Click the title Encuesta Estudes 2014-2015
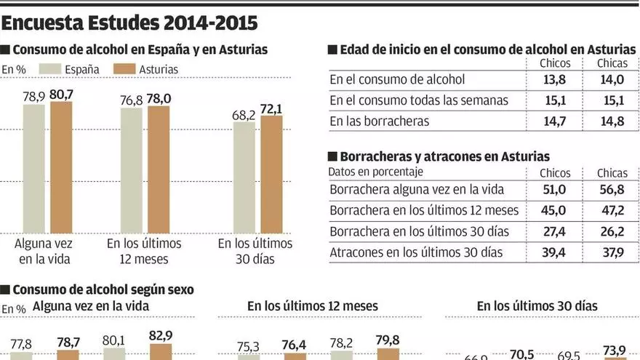click(x=129, y=23)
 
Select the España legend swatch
click(x=48, y=69)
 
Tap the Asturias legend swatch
click(x=126, y=69)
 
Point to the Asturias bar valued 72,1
click(x=271, y=174)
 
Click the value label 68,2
click(x=243, y=114)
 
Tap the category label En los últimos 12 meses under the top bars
click(x=144, y=251)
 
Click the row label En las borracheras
click(x=379, y=121)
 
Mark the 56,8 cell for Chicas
click(x=612, y=190)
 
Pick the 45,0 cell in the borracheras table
click(x=555, y=211)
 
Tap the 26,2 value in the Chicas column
click(x=612, y=231)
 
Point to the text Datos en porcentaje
click(x=375, y=172)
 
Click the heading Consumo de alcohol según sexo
click(x=103, y=289)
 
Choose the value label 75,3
click(x=249, y=347)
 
